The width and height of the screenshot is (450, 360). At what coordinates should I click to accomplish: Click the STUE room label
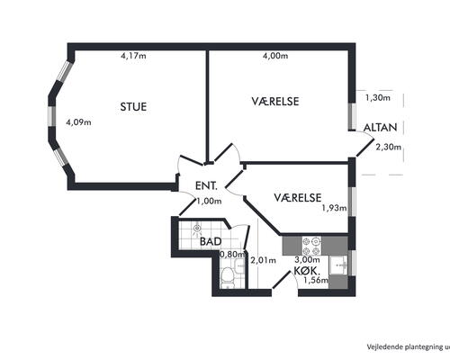(x=133, y=107)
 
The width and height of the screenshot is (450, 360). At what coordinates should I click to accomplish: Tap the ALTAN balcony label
(x=381, y=128)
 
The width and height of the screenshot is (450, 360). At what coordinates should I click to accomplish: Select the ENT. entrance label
(x=206, y=185)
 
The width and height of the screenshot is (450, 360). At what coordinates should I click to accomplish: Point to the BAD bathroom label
(x=211, y=241)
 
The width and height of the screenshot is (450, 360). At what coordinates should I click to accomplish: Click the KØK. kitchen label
(x=307, y=271)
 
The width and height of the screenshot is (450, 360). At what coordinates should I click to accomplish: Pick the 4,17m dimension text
(x=133, y=56)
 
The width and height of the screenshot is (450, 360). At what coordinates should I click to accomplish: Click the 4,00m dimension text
(x=275, y=56)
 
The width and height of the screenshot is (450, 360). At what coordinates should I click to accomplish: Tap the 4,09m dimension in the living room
(x=78, y=122)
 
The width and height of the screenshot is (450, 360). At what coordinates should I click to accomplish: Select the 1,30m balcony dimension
(x=378, y=97)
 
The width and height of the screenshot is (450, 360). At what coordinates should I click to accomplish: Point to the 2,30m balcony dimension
(x=389, y=147)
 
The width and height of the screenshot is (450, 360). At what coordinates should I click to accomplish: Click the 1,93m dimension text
(x=334, y=208)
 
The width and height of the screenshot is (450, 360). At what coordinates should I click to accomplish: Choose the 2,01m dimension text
(x=263, y=260)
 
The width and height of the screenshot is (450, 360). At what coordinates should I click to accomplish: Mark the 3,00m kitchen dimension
(x=307, y=259)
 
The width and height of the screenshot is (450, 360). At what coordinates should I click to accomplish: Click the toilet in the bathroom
(x=227, y=278)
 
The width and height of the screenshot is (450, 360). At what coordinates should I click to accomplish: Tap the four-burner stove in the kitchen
(x=311, y=246)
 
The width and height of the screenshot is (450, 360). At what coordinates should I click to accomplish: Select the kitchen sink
(x=338, y=265)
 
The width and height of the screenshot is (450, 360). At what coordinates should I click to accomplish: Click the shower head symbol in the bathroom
(x=197, y=229)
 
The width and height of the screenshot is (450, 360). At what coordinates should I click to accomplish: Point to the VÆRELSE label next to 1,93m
(x=298, y=197)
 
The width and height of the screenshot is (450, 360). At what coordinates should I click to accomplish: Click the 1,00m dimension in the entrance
(x=209, y=201)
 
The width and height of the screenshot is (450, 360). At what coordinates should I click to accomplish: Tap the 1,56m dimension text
(x=316, y=281)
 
